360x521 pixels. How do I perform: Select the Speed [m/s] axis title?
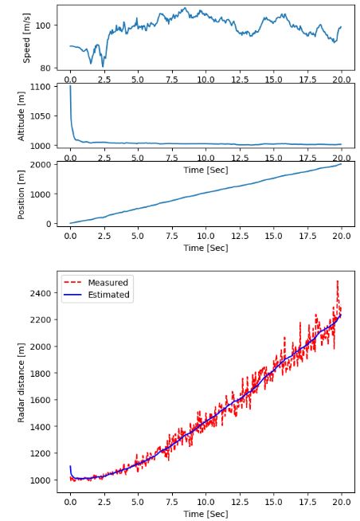(x=26, y=38)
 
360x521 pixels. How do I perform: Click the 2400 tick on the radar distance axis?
(x=40, y=293)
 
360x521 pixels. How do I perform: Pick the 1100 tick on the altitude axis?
(x=40, y=86)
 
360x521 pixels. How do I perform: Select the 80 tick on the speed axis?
(x=45, y=69)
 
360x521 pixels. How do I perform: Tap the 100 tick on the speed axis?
(x=43, y=25)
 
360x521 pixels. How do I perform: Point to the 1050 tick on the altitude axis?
(x=40, y=116)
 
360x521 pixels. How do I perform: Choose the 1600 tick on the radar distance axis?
(x=40, y=400)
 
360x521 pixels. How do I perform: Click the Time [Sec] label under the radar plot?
(x=206, y=515)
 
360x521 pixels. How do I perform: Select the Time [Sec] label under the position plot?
(x=206, y=249)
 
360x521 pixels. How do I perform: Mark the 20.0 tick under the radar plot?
(x=342, y=503)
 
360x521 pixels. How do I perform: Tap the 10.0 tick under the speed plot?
(x=206, y=80)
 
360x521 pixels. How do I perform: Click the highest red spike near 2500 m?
(x=338, y=281)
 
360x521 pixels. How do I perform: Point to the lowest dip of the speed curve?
(x=103, y=66)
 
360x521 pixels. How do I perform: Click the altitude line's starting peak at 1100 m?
(x=70, y=86)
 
